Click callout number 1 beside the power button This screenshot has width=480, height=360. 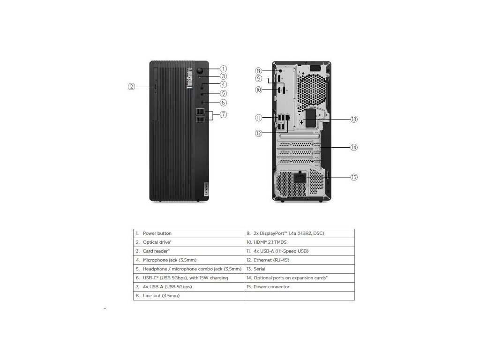pos(224,68)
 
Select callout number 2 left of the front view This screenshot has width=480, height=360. pos(132,86)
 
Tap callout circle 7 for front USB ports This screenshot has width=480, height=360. pos(224,114)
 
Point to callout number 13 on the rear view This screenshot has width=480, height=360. pos(354,119)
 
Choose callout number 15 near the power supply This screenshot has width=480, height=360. pos(354,177)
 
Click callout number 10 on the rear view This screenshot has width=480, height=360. pos(258,90)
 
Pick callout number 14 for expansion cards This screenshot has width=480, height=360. pos(354,147)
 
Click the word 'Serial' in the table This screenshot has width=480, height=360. pos(259,269)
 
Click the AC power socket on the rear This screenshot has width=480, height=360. pos(299,178)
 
